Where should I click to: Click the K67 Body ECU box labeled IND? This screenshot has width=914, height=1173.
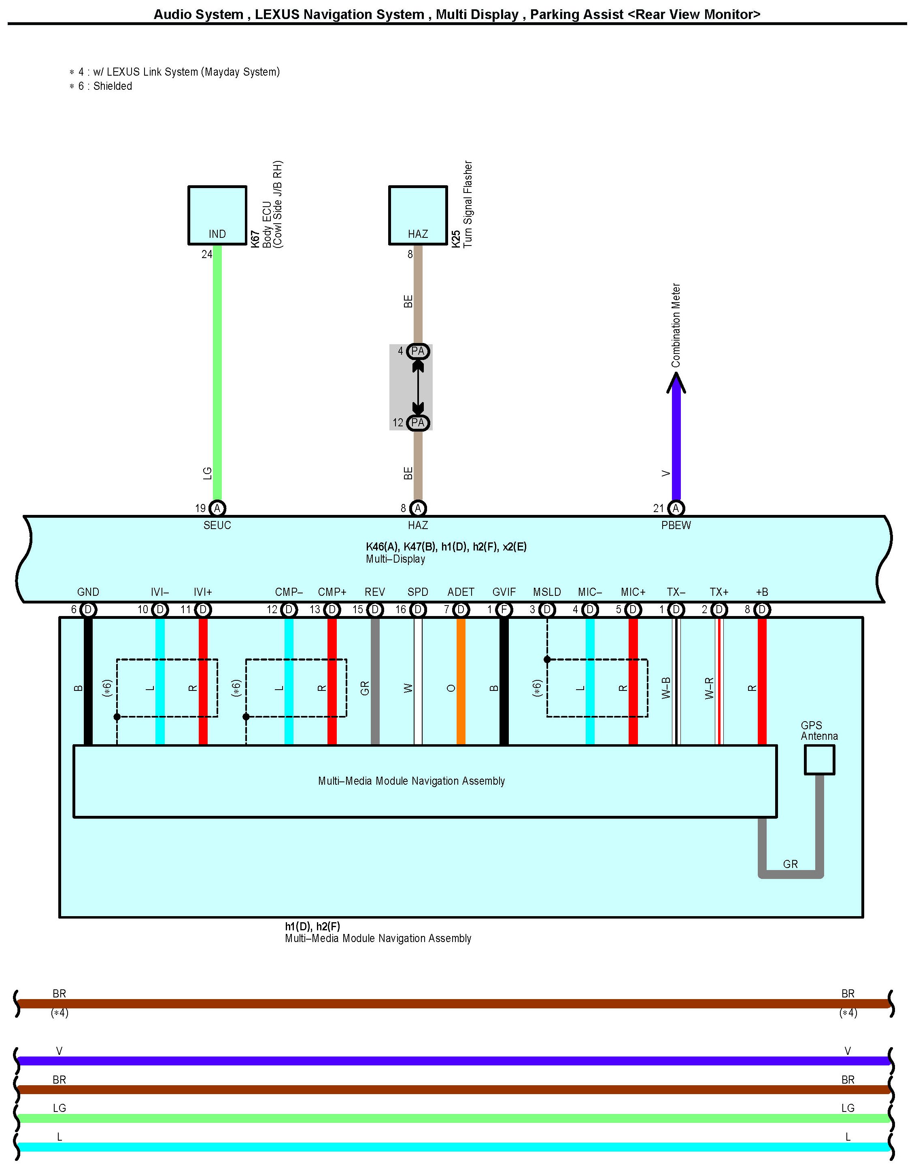(217, 215)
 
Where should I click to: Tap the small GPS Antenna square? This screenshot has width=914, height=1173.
(819, 760)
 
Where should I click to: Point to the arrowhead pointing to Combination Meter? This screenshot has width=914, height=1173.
(676, 382)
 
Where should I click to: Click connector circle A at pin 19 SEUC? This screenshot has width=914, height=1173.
(217, 508)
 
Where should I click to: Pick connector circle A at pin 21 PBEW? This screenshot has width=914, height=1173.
(676, 508)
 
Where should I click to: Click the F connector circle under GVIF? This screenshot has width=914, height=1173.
(504, 610)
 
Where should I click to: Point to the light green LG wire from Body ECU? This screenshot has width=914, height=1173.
(217, 376)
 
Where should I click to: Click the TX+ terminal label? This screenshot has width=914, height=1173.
(719, 592)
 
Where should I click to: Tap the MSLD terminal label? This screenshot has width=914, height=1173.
(546, 592)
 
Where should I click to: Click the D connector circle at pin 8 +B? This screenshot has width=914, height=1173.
(761, 610)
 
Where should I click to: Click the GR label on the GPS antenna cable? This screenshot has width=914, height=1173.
(790, 864)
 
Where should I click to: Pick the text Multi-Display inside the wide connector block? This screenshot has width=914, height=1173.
(395, 559)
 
